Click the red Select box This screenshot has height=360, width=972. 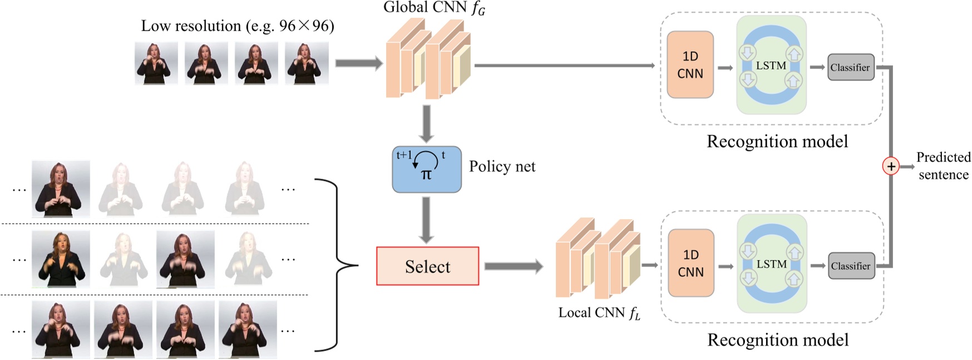coord(427,266)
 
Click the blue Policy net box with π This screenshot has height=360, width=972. coord(426,169)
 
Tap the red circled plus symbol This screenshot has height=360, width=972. coord(891,166)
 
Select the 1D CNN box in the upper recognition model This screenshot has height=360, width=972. coord(690,65)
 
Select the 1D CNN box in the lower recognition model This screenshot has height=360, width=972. coord(690,263)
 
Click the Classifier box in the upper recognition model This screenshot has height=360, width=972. coord(850,67)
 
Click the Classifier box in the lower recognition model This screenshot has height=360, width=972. coord(851,266)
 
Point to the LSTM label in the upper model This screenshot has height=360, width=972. coord(771,66)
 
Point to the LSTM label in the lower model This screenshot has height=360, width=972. coord(771,264)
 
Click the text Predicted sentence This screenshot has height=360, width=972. coord(943,166)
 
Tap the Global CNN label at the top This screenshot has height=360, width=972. coord(434,8)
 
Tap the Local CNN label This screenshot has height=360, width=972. coord(599,313)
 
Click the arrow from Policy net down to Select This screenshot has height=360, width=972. coord(426,220)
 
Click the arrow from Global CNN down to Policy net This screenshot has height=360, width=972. coord(426,124)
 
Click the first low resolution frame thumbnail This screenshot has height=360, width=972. coord(156,63)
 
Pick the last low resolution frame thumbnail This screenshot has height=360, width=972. coord(307,63)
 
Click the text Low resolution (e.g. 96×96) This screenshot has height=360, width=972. coord(238,26)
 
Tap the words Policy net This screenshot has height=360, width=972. coord(502,166)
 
